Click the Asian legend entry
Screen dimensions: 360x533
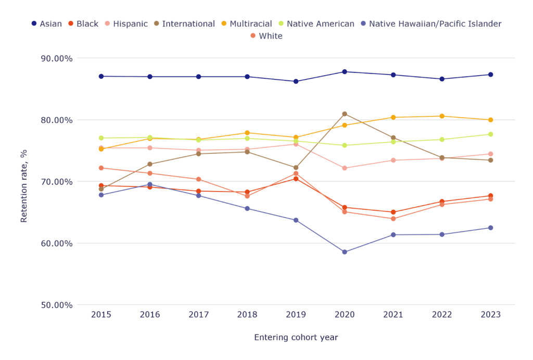pos(46,24)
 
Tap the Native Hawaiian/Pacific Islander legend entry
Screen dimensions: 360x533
pos(430,24)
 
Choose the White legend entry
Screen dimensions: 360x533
pos(266,36)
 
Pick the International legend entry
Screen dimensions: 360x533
pos(183,24)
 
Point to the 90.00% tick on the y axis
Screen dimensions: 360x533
pos(57,58)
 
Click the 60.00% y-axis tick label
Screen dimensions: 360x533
pos(57,243)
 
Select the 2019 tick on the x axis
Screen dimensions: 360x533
pos(296,315)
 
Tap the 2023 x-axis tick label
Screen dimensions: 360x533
pos(490,315)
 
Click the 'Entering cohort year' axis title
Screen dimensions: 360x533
pos(296,338)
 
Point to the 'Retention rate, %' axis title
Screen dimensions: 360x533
pos(24,181)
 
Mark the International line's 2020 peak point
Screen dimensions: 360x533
pos(345,114)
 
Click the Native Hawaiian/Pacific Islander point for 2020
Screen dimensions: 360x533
pos(345,252)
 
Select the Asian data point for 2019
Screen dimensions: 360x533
pos(296,81)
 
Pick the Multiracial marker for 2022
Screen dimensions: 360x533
pos(442,116)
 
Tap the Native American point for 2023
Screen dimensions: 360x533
pos(490,134)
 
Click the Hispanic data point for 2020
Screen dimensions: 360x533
pos(345,168)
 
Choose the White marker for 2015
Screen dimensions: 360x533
pos(101,168)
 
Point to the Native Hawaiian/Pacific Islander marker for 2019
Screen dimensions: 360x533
pos(296,220)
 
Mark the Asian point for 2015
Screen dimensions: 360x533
pos(101,76)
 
